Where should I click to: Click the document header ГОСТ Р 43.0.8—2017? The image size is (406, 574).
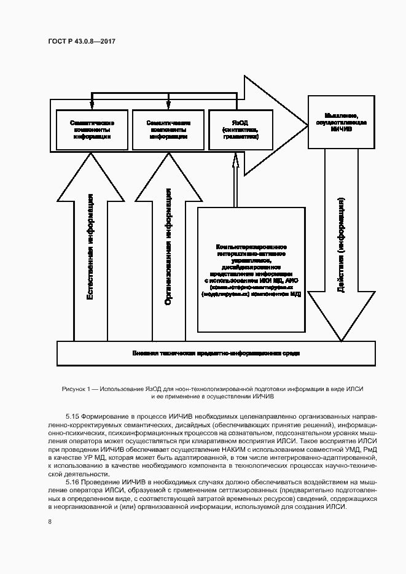pos(82,42)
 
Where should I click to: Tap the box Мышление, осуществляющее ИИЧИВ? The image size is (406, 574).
pos(342,122)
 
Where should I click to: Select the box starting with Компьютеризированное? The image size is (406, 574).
pos(251,269)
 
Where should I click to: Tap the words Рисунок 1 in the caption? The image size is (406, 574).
pos(76,389)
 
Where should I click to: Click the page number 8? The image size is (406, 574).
pos(50,522)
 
